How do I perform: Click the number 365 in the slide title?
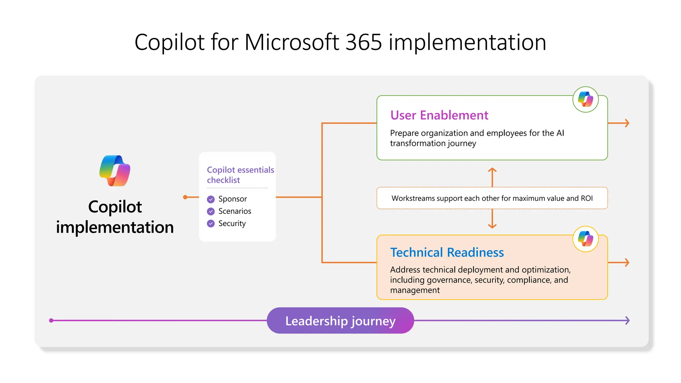point(363,42)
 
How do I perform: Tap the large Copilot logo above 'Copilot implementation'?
point(115,171)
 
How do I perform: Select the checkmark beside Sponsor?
point(211,199)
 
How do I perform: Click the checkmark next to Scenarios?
point(211,211)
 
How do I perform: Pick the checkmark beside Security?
point(211,224)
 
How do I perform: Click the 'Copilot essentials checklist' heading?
point(240,175)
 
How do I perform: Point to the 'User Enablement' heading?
point(439,115)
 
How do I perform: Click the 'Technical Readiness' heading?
point(447,253)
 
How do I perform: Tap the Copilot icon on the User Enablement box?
point(585,99)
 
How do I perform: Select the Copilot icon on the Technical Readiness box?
point(585,239)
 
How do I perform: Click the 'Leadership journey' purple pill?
point(340,321)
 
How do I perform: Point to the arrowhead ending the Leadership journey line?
point(627,320)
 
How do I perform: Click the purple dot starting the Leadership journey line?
point(51,320)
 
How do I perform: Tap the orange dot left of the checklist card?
point(186,197)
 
